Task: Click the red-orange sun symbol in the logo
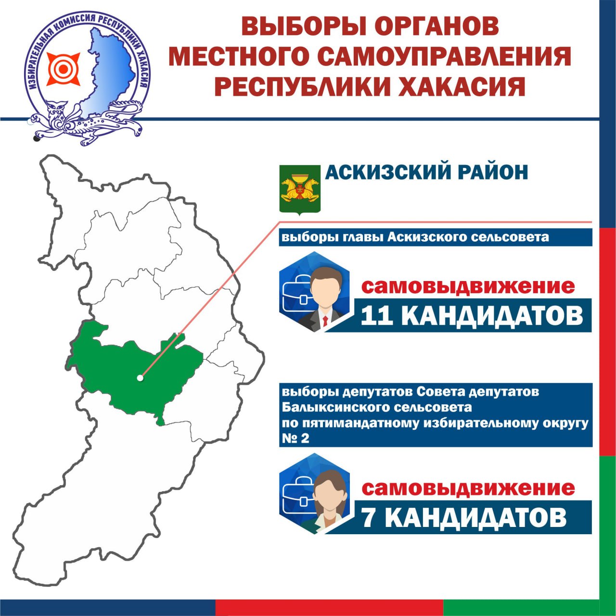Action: pyautogui.click(x=64, y=69)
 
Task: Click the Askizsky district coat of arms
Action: pyautogui.click(x=300, y=190)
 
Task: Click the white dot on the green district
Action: pyautogui.click(x=140, y=378)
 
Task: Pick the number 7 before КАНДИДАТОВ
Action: pyautogui.click(x=369, y=517)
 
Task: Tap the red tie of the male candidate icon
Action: pyautogui.click(x=325, y=321)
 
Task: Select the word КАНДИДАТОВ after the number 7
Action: pyautogui.click(x=476, y=517)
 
